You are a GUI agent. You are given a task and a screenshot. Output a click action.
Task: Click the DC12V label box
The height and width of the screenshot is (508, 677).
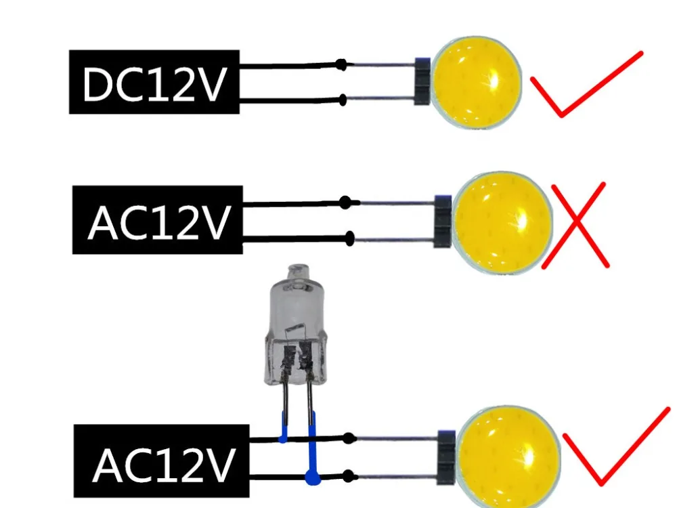coord(154,82)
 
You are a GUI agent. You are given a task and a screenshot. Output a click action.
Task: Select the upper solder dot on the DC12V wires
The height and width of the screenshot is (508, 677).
coord(343,65)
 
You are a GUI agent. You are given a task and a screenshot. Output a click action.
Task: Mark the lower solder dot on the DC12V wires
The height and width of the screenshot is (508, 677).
coord(343,101)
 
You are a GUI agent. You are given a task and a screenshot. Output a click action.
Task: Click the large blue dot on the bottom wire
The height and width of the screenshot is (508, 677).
coord(311,479)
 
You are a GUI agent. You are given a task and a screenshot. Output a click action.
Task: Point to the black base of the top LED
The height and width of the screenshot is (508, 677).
coord(422,82)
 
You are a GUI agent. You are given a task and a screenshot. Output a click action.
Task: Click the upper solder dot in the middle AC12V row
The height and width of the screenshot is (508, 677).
coord(346,202)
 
